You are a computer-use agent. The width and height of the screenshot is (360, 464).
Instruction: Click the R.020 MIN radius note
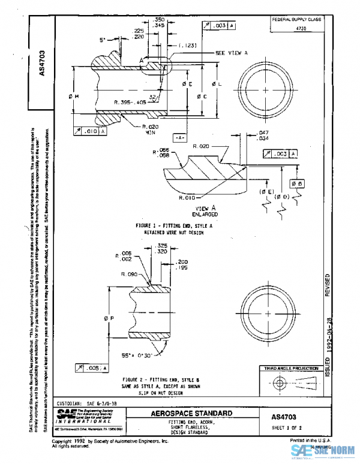[150, 130]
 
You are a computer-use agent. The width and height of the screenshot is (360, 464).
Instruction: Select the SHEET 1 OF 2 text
[286, 427]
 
